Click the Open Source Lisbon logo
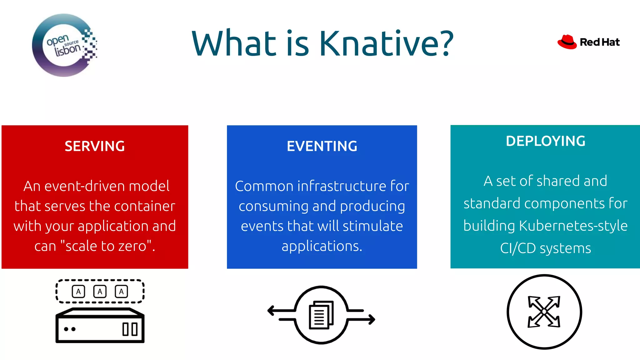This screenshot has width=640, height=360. tap(64, 45)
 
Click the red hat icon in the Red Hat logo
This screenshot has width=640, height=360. tap(567, 42)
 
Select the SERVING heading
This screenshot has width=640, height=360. tap(95, 146)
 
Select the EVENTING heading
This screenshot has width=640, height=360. tap(322, 146)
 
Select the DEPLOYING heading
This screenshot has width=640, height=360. tap(545, 141)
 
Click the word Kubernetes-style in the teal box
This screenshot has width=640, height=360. tap(573, 226)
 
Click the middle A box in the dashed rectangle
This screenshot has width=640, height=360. tap(100, 292)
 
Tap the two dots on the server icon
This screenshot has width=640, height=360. tap(70, 329)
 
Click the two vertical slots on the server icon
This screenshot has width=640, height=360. tap(130, 329)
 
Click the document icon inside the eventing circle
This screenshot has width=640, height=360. tap(321, 315)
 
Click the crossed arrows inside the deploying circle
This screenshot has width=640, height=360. tap(544, 312)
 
